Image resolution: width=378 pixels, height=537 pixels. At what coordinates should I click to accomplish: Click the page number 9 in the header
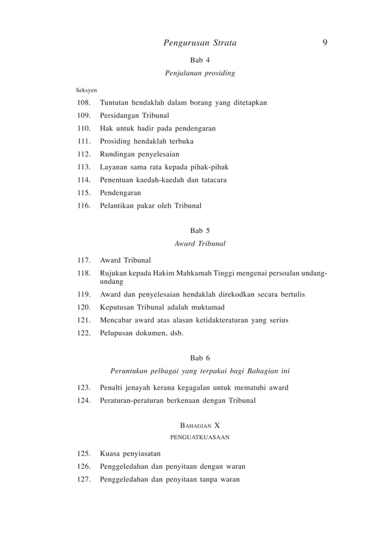[x=325, y=43]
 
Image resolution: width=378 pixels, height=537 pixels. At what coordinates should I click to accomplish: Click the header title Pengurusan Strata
[x=200, y=43]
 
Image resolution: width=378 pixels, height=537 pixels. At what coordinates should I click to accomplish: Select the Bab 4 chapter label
[x=200, y=60]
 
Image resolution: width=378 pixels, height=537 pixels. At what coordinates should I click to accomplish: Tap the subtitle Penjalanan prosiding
[x=200, y=73]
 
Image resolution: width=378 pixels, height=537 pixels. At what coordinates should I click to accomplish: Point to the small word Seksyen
[x=87, y=91]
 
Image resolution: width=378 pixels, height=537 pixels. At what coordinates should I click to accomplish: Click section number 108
[x=83, y=103]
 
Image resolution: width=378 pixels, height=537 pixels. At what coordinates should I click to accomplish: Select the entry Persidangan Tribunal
[x=134, y=116]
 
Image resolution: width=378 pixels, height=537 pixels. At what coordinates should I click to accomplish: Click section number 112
[x=83, y=155]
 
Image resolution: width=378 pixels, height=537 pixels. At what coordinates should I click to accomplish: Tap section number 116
[x=83, y=206]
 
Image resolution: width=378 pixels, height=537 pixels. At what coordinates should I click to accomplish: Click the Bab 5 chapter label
[x=200, y=231]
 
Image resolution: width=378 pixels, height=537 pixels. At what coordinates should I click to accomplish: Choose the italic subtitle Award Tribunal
[x=200, y=244]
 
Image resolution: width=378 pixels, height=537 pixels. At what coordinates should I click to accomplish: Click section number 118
[x=83, y=273]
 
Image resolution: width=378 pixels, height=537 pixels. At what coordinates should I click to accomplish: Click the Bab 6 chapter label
[x=200, y=358]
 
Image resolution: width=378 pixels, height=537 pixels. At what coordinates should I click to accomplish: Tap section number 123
[x=83, y=388]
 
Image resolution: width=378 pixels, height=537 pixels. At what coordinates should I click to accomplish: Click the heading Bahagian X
[x=200, y=426]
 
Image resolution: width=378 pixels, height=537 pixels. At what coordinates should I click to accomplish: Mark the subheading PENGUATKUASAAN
[x=200, y=437]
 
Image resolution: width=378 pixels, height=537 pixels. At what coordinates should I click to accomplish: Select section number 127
[x=83, y=480]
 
